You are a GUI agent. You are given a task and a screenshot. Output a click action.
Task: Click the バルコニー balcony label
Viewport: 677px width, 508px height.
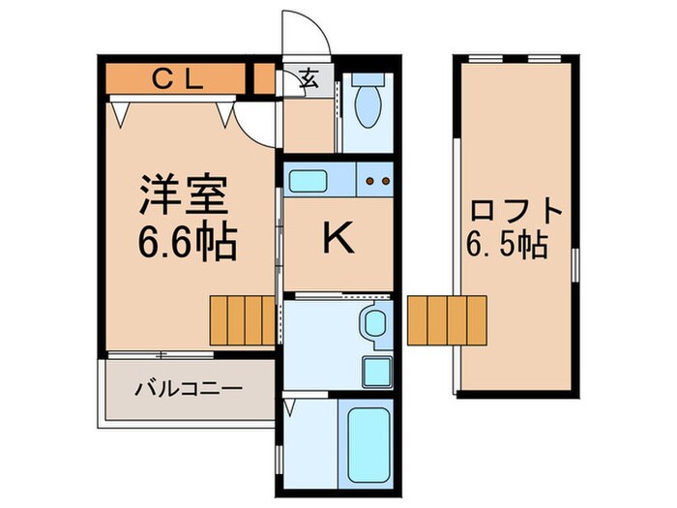coord(189,389)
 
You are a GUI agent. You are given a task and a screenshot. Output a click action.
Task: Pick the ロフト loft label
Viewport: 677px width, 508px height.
coord(515,211)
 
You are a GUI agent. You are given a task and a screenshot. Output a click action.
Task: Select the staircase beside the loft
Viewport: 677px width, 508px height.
coord(446,320)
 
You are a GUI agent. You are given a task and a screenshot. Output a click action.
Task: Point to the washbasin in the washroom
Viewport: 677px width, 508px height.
coord(372,324)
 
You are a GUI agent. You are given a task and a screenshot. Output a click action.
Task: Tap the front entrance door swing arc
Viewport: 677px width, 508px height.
coord(315,36)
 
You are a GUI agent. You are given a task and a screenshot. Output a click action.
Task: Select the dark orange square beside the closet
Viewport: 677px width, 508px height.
coord(262,78)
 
